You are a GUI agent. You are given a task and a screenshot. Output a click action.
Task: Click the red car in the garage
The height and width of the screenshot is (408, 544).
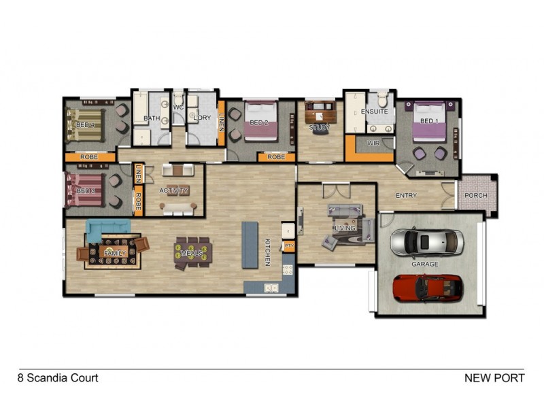pos(428,287)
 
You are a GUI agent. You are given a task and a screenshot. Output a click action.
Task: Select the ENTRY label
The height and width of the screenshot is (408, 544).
pos(406,196)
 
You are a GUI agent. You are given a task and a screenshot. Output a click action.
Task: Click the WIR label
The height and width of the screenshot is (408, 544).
pos(373,143)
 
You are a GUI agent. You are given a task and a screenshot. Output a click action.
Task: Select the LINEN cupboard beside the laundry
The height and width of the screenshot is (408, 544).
pos(221,122)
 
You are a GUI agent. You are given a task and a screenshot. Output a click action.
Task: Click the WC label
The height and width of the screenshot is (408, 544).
pos(178,107)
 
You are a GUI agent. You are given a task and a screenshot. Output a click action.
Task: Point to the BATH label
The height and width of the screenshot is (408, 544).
pos(152,118)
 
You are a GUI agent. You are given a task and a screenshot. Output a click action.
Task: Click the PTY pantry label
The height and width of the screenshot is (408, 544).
pos(288,245)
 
